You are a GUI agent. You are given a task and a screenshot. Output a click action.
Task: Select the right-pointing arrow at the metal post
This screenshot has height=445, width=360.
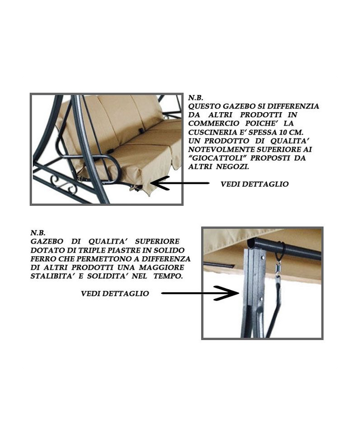point(200,293)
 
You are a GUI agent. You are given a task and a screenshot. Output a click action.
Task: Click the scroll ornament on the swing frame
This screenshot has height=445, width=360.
point(63,185)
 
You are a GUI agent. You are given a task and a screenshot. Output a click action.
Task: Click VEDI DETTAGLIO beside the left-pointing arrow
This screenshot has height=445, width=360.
point(255,184)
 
